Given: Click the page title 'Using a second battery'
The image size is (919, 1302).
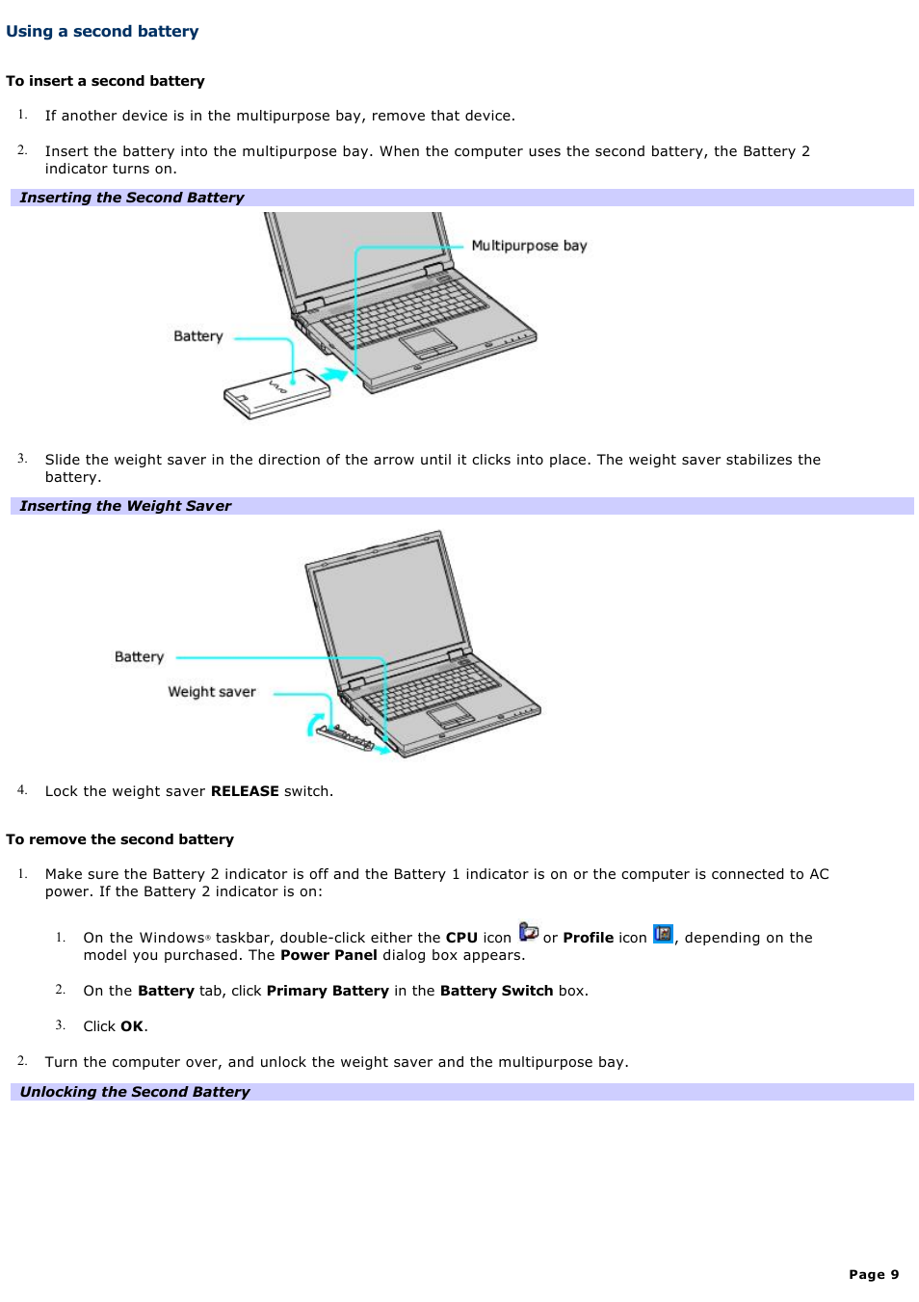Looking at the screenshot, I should pyautogui.click(x=102, y=31).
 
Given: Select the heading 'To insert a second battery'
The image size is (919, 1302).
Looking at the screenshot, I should pyautogui.click(x=105, y=81).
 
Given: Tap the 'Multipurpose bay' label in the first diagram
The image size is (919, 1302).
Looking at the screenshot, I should pyautogui.click(x=529, y=246).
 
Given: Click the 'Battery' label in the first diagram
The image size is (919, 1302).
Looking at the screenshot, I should pyautogui.click(x=197, y=336).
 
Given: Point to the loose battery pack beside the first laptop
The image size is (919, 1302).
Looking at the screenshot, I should pyautogui.click(x=276, y=394).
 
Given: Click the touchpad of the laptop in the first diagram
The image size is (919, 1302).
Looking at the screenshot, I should pyautogui.click(x=427, y=342).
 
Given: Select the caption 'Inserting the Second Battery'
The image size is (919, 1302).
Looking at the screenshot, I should pyautogui.click(x=132, y=198).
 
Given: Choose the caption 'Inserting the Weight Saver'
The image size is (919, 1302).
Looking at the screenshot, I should pyautogui.click(x=125, y=506).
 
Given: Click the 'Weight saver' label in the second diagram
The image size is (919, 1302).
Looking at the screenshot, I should pyautogui.click(x=212, y=692).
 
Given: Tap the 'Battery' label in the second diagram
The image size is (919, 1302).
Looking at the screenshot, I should pyautogui.click(x=139, y=657).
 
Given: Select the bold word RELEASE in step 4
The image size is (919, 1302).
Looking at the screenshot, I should pyautogui.click(x=245, y=791).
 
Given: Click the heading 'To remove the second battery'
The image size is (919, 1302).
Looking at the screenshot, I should pyautogui.click(x=119, y=839).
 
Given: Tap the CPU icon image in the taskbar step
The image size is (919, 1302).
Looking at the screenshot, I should pyautogui.click(x=528, y=932).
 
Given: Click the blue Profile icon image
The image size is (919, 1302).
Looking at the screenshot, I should pyautogui.click(x=663, y=934).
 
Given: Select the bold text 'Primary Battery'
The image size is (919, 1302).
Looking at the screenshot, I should pyautogui.click(x=328, y=991).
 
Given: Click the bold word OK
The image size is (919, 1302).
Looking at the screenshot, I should pyautogui.click(x=132, y=1026).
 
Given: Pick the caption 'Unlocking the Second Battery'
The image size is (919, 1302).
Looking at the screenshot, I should pyautogui.click(x=135, y=1092).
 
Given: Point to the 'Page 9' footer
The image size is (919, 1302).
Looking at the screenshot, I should pyautogui.click(x=873, y=1274).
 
